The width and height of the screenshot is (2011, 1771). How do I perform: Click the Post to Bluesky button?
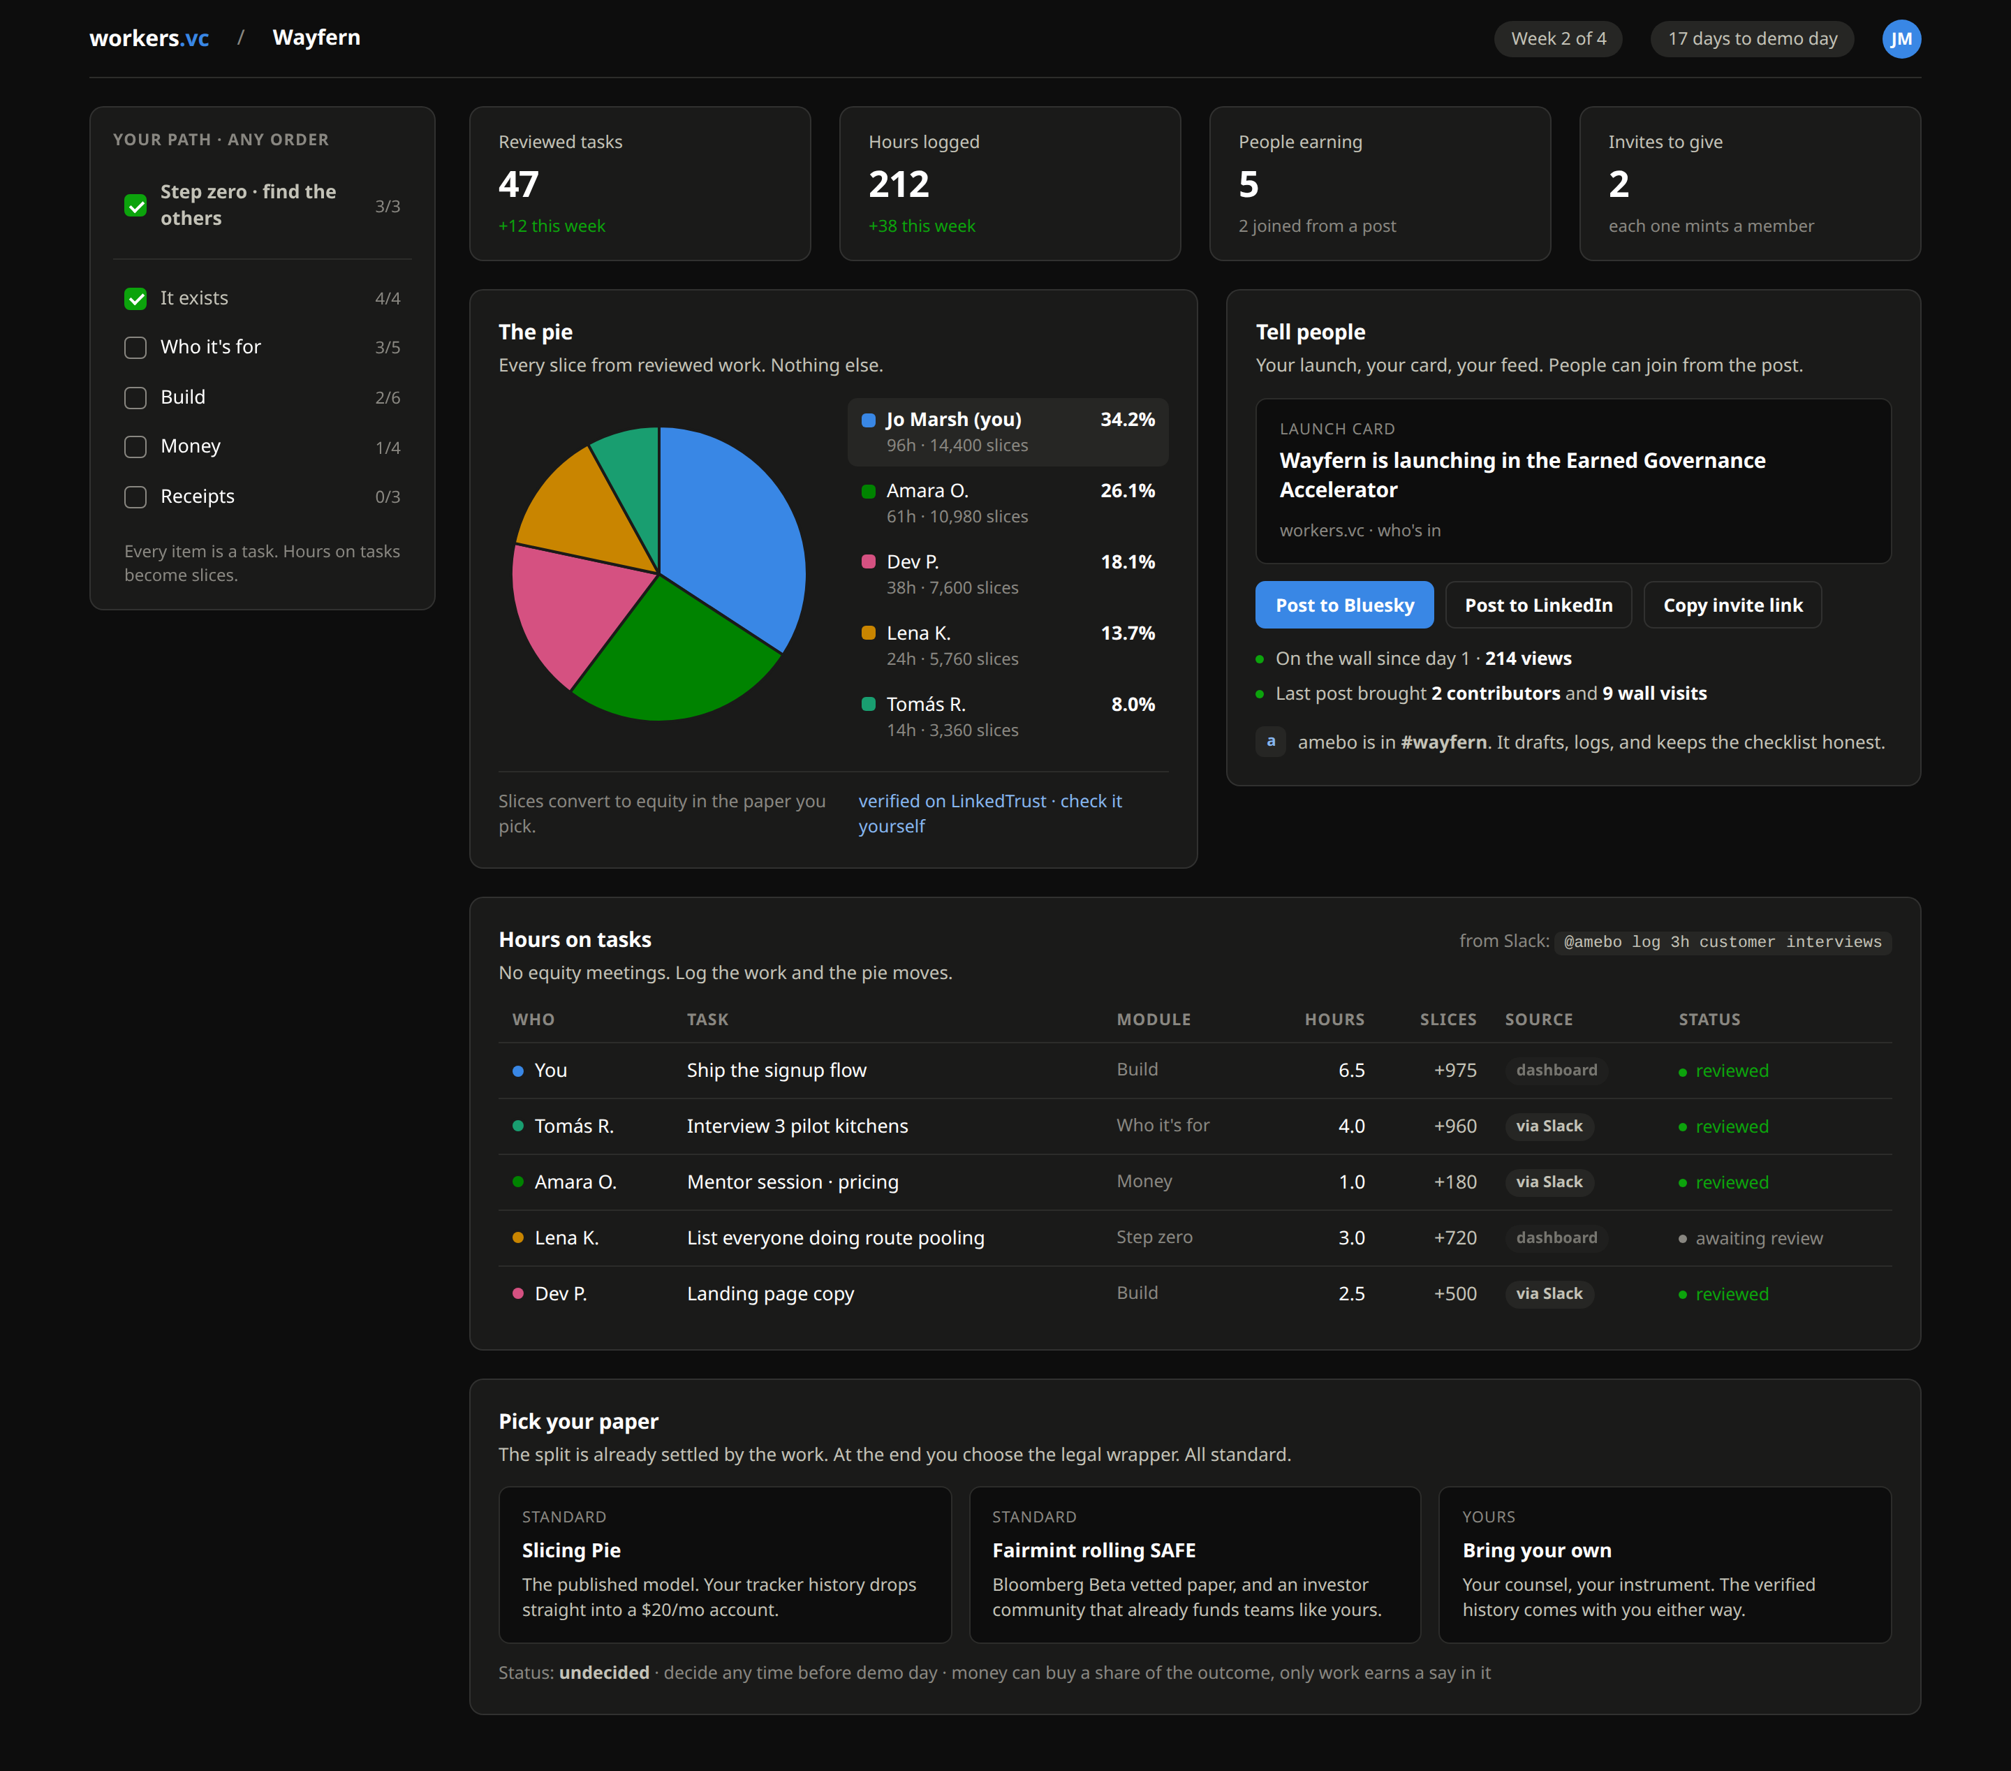[x=1344, y=605]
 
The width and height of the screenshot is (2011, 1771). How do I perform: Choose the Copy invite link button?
[x=1732, y=605]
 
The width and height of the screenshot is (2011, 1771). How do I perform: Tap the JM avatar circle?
[x=1901, y=39]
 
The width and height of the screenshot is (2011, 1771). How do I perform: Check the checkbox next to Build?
[x=135, y=397]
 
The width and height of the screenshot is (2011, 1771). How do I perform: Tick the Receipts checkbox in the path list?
[x=135, y=497]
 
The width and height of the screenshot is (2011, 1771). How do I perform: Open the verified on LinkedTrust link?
[x=952, y=801]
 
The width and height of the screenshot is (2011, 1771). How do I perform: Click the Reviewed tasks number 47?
[x=519, y=184]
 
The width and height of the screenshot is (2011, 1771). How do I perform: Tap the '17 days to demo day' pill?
[x=1752, y=39]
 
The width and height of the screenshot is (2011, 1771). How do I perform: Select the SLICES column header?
[x=1448, y=1020]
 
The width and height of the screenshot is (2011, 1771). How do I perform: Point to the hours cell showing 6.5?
[x=1351, y=1071]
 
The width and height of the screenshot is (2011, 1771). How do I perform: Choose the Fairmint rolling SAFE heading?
[x=1093, y=1550]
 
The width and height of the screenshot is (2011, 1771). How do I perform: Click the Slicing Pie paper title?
[x=570, y=1550]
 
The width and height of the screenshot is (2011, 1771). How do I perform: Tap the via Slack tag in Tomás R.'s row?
[x=1549, y=1126]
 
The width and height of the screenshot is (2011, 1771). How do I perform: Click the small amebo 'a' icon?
[x=1270, y=742]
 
